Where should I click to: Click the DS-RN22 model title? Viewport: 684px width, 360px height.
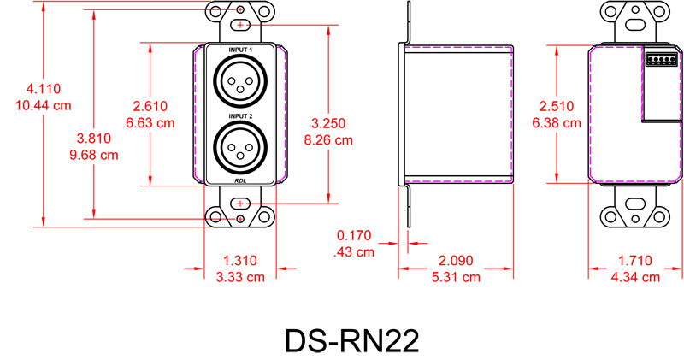click(x=351, y=339)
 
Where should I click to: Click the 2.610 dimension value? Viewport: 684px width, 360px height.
click(x=150, y=105)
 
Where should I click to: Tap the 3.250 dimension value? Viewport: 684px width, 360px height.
click(x=328, y=123)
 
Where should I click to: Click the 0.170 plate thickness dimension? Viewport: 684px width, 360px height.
click(x=354, y=235)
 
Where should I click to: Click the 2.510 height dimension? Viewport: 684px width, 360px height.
click(x=557, y=105)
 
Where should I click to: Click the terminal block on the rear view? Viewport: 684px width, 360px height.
click(x=661, y=59)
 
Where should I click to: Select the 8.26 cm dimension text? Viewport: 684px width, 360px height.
click(x=328, y=140)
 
